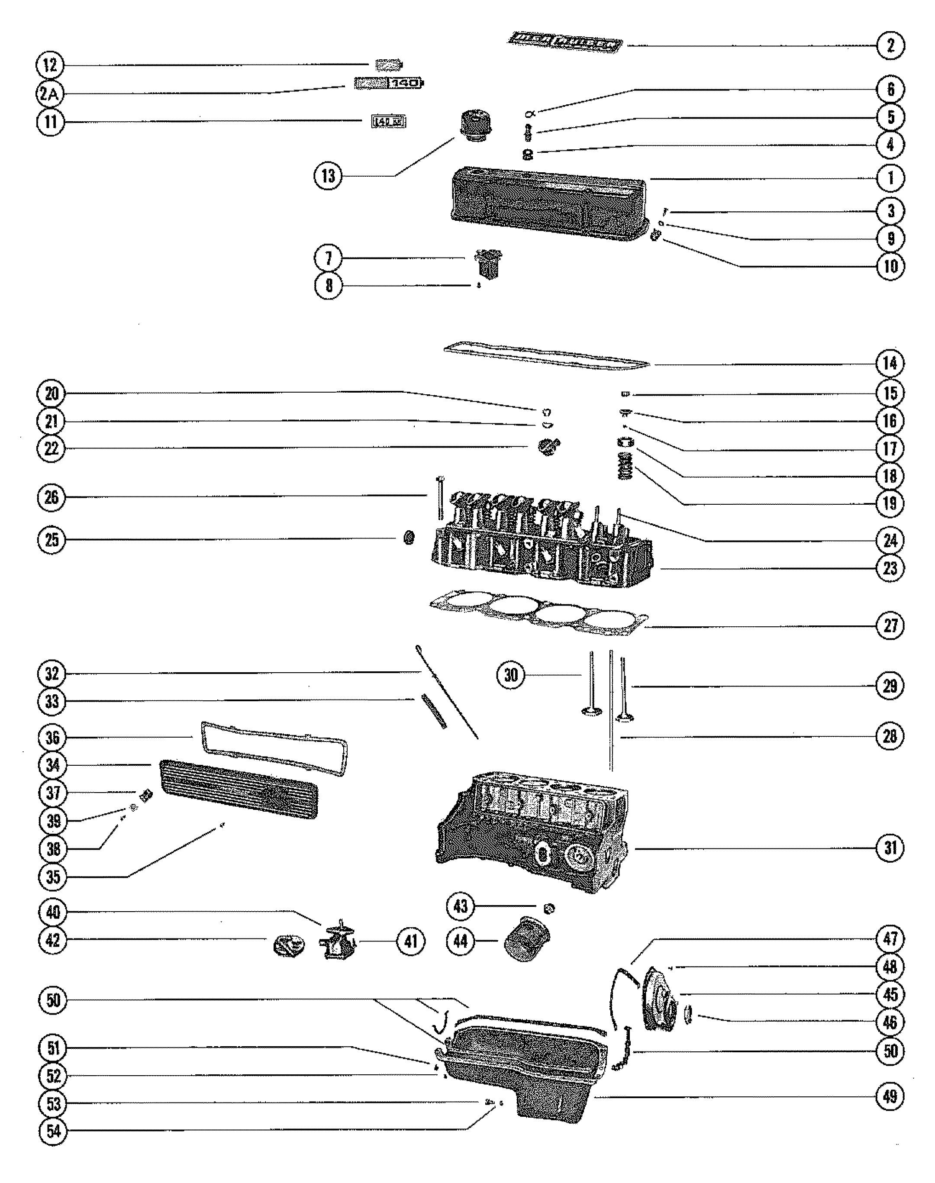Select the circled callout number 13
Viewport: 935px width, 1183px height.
pos(328,176)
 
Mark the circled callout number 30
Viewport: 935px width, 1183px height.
pos(511,675)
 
